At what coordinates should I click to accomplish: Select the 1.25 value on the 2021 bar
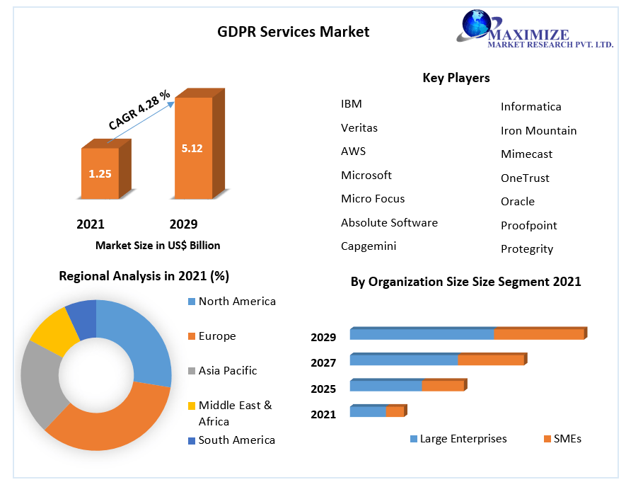[100, 173]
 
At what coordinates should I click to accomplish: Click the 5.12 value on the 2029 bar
[192, 149]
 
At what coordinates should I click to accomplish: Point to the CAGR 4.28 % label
[139, 110]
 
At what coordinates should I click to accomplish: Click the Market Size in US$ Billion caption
[158, 246]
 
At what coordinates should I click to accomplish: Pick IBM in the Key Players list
[351, 104]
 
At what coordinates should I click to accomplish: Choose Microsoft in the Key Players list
[366, 175]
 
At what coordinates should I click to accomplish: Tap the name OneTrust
[525, 178]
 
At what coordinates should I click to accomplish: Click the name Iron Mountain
[538, 131]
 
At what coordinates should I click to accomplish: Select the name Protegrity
[527, 249]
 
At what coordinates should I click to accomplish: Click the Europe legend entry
[216, 336]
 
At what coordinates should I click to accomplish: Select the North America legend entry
[236, 302]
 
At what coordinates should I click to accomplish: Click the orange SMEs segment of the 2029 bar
[538, 334]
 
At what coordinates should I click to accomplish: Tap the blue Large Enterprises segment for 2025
[386, 386]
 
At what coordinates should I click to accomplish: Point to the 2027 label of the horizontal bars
[323, 363]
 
